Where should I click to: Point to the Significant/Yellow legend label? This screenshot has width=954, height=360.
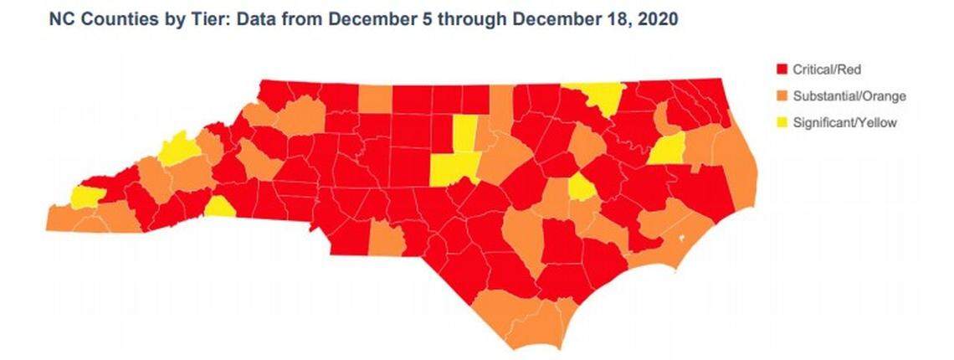tap(846, 123)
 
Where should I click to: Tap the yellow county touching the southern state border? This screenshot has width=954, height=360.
tap(218, 207)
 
